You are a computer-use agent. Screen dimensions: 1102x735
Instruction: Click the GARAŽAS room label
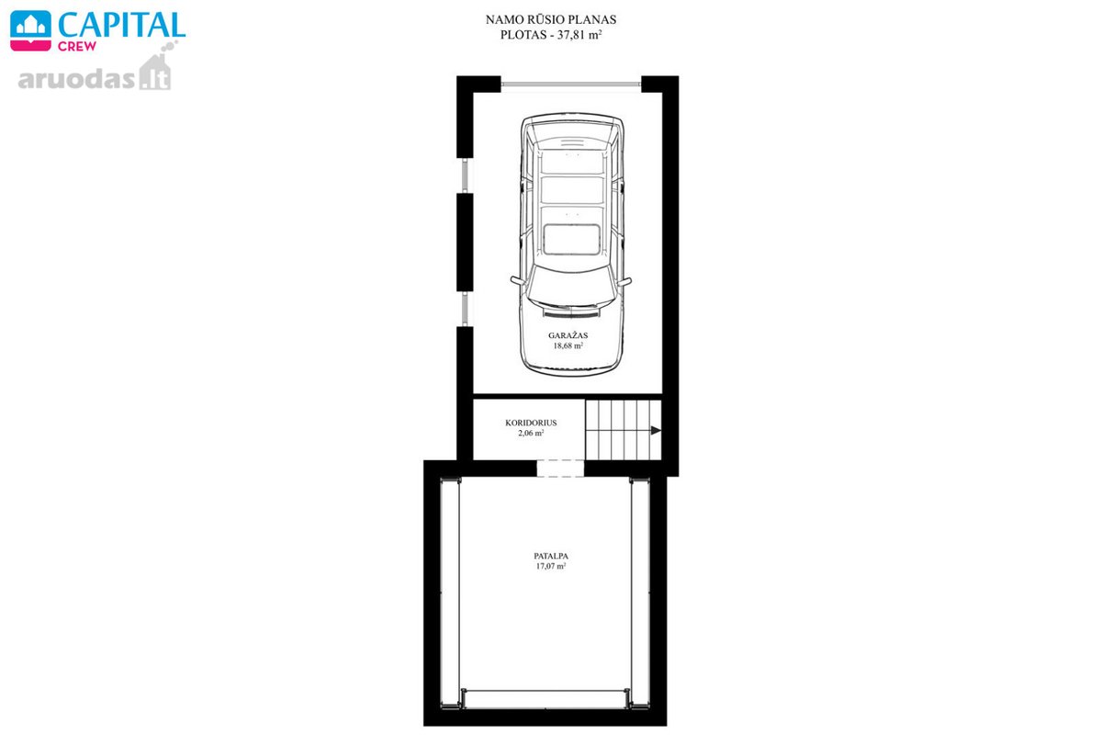[568, 335]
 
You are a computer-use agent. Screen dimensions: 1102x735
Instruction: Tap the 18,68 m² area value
[568, 345]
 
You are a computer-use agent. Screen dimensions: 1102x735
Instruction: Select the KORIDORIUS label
[531, 423]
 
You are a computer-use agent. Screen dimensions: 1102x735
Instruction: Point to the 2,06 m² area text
[531, 434]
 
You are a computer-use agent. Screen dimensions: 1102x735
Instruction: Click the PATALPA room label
[551, 556]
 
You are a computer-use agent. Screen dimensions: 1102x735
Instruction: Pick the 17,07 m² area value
[551, 566]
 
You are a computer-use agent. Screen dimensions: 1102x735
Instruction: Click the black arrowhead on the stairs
[656, 431]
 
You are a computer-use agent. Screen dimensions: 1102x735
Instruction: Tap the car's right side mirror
[624, 281]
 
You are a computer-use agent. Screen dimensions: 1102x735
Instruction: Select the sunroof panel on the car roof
[571, 240]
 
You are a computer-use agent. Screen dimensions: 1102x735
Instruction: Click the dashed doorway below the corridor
[560, 469]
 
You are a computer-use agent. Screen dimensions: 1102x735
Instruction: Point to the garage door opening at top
[570, 85]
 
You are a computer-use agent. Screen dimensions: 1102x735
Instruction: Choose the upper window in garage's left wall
[465, 175]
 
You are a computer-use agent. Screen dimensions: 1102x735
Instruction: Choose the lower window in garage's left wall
[465, 310]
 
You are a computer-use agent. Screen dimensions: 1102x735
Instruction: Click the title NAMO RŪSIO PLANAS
[551, 19]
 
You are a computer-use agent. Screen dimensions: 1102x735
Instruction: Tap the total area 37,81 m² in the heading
[579, 35]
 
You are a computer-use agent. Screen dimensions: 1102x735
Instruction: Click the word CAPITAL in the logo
[121, 24]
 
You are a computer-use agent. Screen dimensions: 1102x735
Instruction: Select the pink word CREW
[77, 46]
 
